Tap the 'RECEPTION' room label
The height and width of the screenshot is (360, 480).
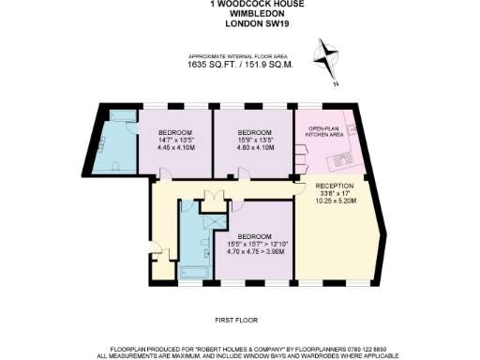click(x=334, y=186)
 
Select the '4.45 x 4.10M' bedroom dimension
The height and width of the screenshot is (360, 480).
click(x=174, y=146)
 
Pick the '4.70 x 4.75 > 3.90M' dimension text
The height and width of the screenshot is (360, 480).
click(x=254, y=251)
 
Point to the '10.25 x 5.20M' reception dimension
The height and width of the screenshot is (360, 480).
click(x=334, y=202)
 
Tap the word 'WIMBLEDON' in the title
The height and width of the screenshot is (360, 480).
click(x=240, y=14)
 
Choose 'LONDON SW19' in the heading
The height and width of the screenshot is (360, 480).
click(x=240, y=24)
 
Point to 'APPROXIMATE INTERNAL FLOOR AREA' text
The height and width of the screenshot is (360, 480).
click(x=240, y=57)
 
